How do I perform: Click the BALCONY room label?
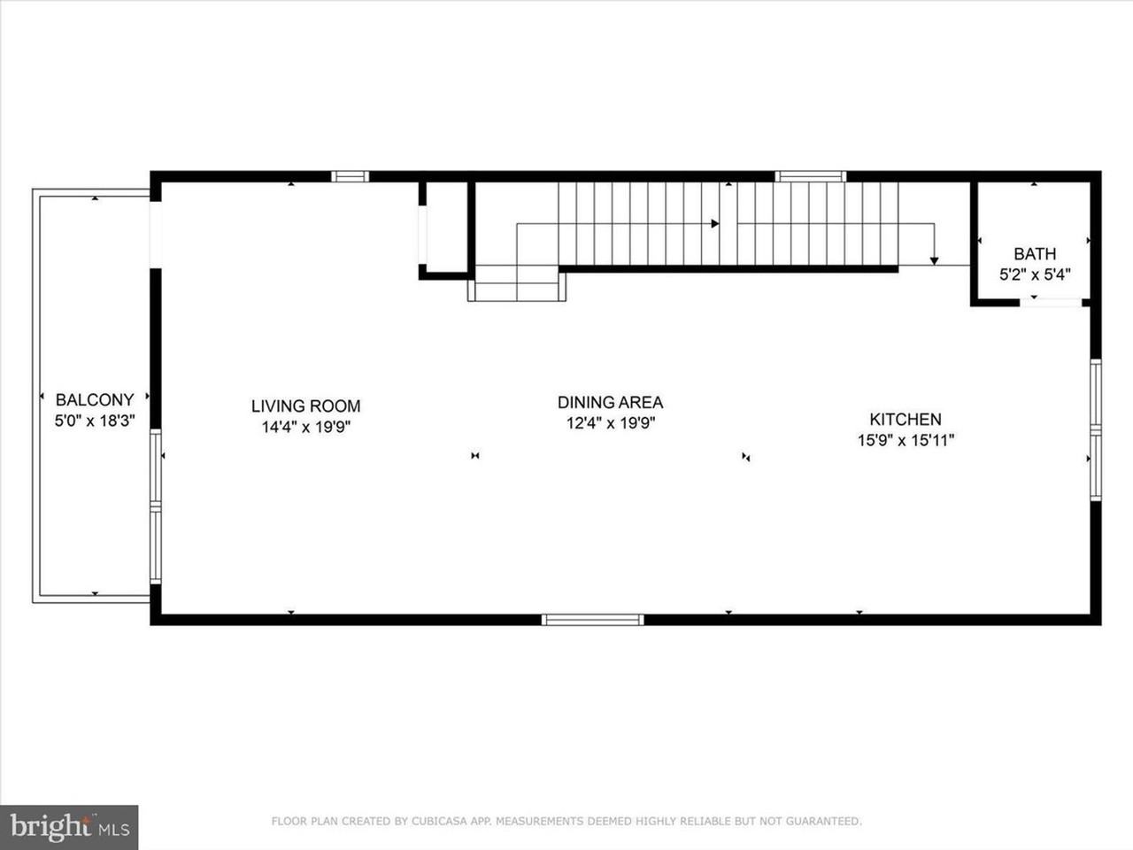click(x=95, y=399)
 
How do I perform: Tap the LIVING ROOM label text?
click(x=305, y=406)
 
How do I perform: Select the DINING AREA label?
click(x=610, y=402)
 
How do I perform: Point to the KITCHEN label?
click(x=905, y=420)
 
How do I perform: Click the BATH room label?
click(x=1035, y=254)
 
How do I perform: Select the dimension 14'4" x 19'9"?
click(x=305, y=427)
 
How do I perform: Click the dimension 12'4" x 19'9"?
click(x=610, y=423)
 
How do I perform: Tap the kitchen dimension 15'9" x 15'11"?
click(x=905, y=440)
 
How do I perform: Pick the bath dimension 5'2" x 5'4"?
click(x=1035, y=274)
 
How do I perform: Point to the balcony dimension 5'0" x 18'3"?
click(x=95, y=421)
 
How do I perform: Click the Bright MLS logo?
click(x=69, y=827)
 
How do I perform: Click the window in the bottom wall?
click(x=592, y=620)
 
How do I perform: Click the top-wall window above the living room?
click(x=350, y=176)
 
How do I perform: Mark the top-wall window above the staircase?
click(x=811, y=176)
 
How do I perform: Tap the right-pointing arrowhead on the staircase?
click(x=715, y=224)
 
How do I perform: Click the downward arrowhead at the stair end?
click(x=934, y=259)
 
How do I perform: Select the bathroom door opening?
click(x=1053, y=303)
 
